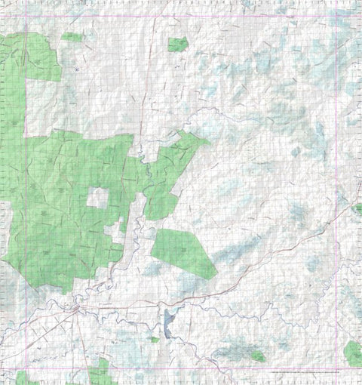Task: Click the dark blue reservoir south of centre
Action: point(167,325)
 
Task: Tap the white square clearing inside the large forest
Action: point(97,198)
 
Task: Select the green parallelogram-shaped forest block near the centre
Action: point(183,253)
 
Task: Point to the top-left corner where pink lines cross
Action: point(26,15)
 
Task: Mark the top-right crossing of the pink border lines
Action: point(336,15)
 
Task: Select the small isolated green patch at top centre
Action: point(178,45)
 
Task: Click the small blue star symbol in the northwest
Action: point(77,69)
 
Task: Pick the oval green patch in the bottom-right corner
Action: point(352,353)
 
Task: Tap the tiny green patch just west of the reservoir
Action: point(154,339)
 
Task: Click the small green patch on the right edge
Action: point(358,208)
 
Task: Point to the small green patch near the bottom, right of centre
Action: point(258,356)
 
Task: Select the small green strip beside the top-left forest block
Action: point(72,36)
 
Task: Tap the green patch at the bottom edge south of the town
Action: point(100,371)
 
